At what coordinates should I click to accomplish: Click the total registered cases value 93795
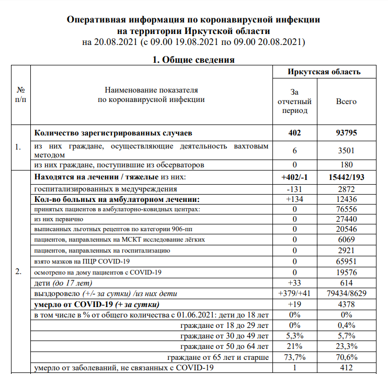tap(346, 133)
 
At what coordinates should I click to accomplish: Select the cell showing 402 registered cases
tap(295, 133)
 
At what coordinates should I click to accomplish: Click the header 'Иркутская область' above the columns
tap(324, 72)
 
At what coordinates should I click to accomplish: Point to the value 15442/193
tap(346, 178)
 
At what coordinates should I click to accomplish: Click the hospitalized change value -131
tap(295, 188)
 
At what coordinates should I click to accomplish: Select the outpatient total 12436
tap(346, 199)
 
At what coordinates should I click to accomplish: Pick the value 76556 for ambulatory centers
tap(346, 210)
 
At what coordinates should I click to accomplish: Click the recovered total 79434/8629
tap(346, 293)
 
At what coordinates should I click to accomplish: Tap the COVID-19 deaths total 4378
tap(346, 304)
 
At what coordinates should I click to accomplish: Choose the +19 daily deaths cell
tap(295, 304)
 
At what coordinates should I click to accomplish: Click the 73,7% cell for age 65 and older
tap(295, 357)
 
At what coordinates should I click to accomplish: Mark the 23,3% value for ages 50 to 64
tap(346, 347)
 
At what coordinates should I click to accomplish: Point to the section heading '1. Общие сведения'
tap(193, 60)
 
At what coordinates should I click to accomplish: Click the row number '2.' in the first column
tap(19, 272)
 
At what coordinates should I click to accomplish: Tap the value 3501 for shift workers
tap(346, 150)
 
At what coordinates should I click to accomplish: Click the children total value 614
tap(346, 282)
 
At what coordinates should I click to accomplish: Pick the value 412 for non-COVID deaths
tap(346, 368)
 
